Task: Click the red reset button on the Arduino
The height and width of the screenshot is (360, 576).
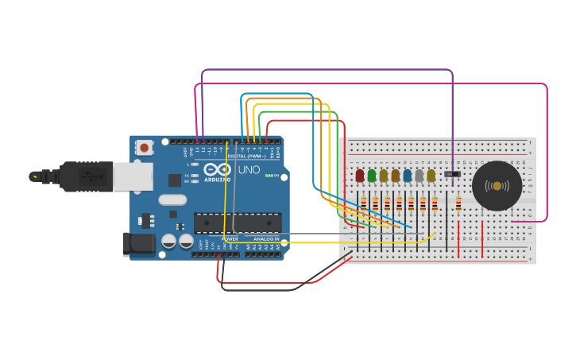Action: [145, 147]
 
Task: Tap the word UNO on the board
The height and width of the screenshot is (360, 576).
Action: [249, 170]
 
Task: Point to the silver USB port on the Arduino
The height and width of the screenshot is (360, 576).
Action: [133, 176]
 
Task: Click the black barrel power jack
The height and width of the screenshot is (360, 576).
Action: [138, 244]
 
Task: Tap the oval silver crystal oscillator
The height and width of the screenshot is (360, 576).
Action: [172, 200]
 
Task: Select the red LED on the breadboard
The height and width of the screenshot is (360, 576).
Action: [360, 176]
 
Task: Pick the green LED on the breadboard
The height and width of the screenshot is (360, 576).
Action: [372, 176]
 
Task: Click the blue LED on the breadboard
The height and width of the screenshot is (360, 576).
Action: [408, 176]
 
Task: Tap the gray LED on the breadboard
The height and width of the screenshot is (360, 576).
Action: [419, 176]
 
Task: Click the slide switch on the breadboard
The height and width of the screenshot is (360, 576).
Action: [452, 173]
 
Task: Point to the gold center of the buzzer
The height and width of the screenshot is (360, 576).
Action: [497, 186]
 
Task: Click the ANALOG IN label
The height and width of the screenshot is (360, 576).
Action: [266, 238]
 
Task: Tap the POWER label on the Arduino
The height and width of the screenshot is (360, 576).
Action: [230, 238]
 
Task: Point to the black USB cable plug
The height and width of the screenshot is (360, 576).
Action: [87, 176]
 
